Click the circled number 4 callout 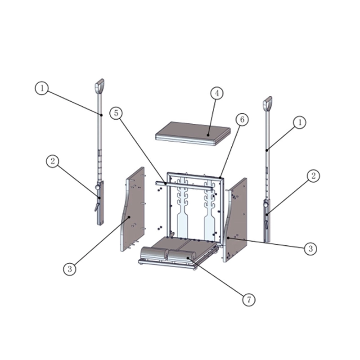(217, 93)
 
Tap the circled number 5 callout (116, 113)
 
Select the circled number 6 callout (242, 120)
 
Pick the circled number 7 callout (249, 300)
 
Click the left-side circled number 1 (42, 88)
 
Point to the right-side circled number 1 (300, 122)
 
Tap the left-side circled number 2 (53, 161)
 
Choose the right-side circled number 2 (313, 176)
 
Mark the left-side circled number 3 (70, 269)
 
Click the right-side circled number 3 (310, 249)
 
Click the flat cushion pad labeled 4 (193, 134)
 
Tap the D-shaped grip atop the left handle (99, 85)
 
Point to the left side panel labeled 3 (132, 209)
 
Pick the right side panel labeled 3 (235, 220)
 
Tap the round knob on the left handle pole (98, 187)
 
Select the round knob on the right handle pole (266, 204)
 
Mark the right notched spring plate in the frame (209, 210)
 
